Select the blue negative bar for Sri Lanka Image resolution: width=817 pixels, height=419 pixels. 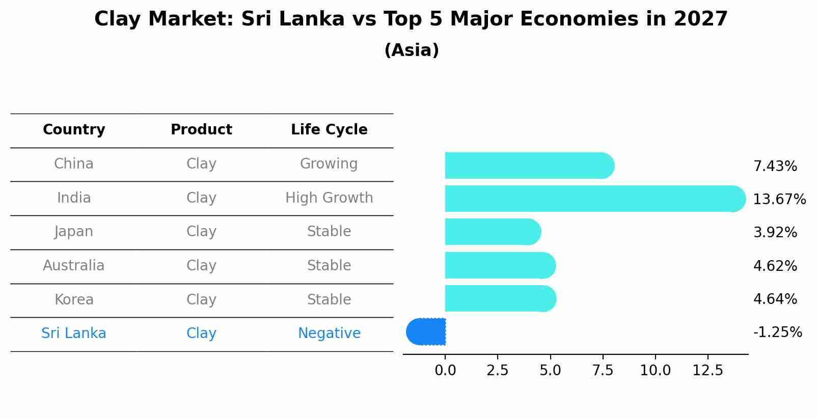[426, 332]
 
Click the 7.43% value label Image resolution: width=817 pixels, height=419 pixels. [775, 166]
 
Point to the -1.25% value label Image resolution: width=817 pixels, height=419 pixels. [777, 332]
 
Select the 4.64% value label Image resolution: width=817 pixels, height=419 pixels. [775, 299]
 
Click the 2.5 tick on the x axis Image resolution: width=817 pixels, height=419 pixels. [498, 371]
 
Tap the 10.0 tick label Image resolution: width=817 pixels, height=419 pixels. [655, 371]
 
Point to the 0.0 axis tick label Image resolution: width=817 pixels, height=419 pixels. [445, 371]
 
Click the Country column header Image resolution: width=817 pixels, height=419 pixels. [74, 130]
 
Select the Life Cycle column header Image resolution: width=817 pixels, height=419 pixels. [329, 130]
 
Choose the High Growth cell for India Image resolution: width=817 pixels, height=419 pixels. [329, 198]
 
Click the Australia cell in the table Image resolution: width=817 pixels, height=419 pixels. [74, 266]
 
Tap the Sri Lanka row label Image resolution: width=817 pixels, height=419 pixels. [74, 333]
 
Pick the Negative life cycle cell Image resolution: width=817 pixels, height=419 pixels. [329, 333]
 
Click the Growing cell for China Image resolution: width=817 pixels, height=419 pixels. [329, 164]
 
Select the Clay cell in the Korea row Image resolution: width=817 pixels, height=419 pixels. [201, 300]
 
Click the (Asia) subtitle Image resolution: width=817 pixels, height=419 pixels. [412, 50]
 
